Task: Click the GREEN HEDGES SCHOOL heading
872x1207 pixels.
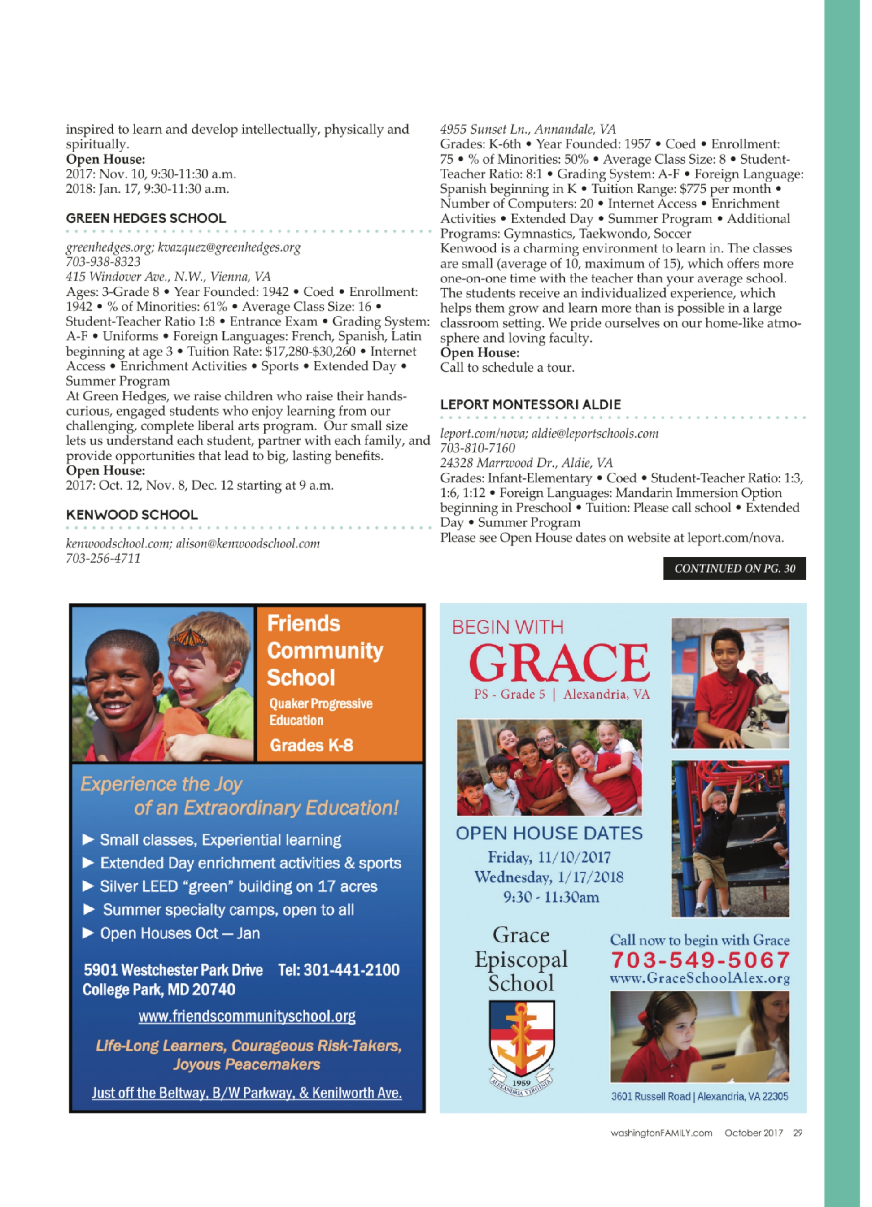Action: tap(146, 218)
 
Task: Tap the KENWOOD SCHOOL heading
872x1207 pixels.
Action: tap(131, 515)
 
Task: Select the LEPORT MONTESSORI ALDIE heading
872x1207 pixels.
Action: tap(530, 404)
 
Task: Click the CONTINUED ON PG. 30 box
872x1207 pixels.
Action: tap(734, 569)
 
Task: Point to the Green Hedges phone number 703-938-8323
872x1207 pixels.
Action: tap(103, 262)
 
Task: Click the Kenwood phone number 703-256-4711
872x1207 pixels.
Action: tap(103, 558)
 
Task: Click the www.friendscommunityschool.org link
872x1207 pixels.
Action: tap(247, 1016)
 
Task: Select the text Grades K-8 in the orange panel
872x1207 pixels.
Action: tap(311, 745)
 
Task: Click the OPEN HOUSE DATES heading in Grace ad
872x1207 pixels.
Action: tap(549, 834)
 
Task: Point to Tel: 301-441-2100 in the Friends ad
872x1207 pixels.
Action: tap(339, 970)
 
